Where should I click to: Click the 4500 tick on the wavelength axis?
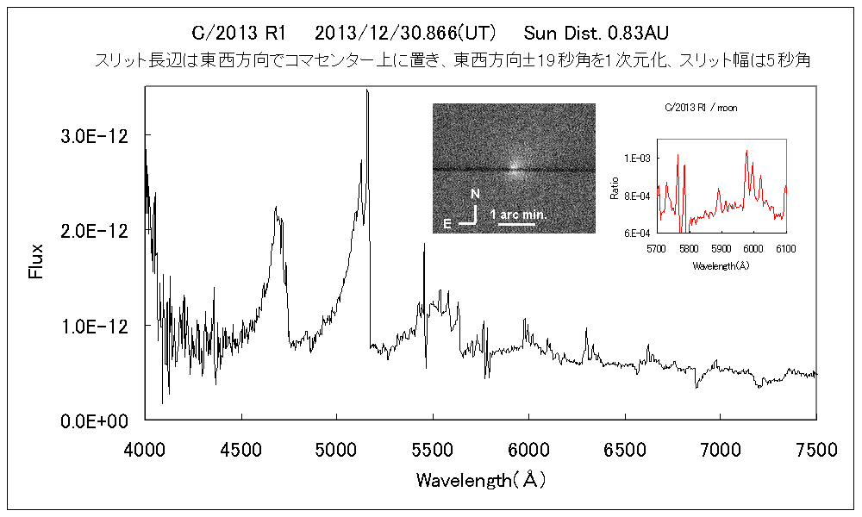pos(241,448)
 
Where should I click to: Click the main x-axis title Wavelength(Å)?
pos(480,480)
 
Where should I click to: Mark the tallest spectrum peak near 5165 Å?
pos(367,90)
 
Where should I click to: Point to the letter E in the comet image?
pos(447,224)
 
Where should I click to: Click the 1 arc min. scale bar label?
pos(519,212)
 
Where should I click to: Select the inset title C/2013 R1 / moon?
pos(700,108)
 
